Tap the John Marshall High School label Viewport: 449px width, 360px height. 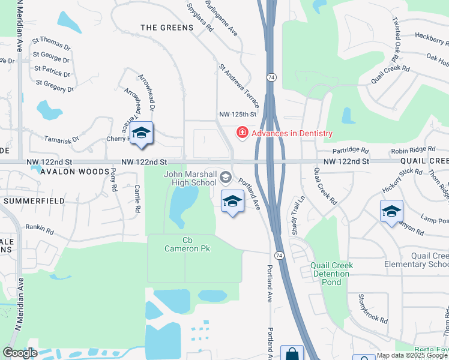click(x=190, y=178)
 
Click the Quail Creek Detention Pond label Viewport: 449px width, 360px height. click(x=331, y=274)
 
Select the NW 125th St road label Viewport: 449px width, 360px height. click(x=238, y=114)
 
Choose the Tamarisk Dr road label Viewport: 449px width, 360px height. click(x=61, y=139)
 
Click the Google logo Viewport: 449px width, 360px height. click(x=20, y=353)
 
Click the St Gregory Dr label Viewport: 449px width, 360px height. click(x=55, y=86)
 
